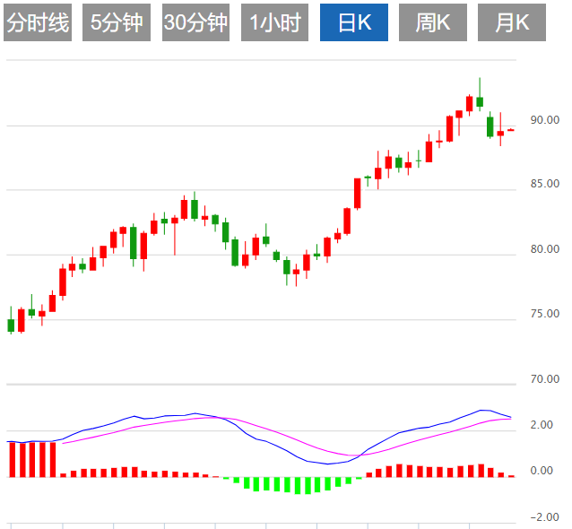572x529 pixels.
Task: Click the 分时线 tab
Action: [38, 23]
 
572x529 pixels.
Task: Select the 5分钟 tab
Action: [117, 23]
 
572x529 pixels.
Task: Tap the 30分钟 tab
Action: [195, 23]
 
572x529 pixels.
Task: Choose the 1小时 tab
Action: [274, 23]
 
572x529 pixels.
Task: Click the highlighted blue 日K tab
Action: [354, 23]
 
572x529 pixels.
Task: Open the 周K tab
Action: [433, 23]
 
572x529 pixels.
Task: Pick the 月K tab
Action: [512, 23]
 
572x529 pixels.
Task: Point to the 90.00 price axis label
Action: [544, 119]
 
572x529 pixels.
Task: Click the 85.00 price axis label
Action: [544, 184]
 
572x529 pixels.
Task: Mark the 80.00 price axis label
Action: [544, 249]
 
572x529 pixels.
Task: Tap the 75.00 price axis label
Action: [544, 314]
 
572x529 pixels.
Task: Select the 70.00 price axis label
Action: [544, 379]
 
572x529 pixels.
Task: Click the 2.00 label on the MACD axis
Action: [541, 425]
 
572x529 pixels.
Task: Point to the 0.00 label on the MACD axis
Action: [541, 471]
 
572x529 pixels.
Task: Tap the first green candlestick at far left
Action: [11, 325]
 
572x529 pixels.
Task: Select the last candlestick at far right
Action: [511, 130]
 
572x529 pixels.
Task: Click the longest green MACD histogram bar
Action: [308, 485]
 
